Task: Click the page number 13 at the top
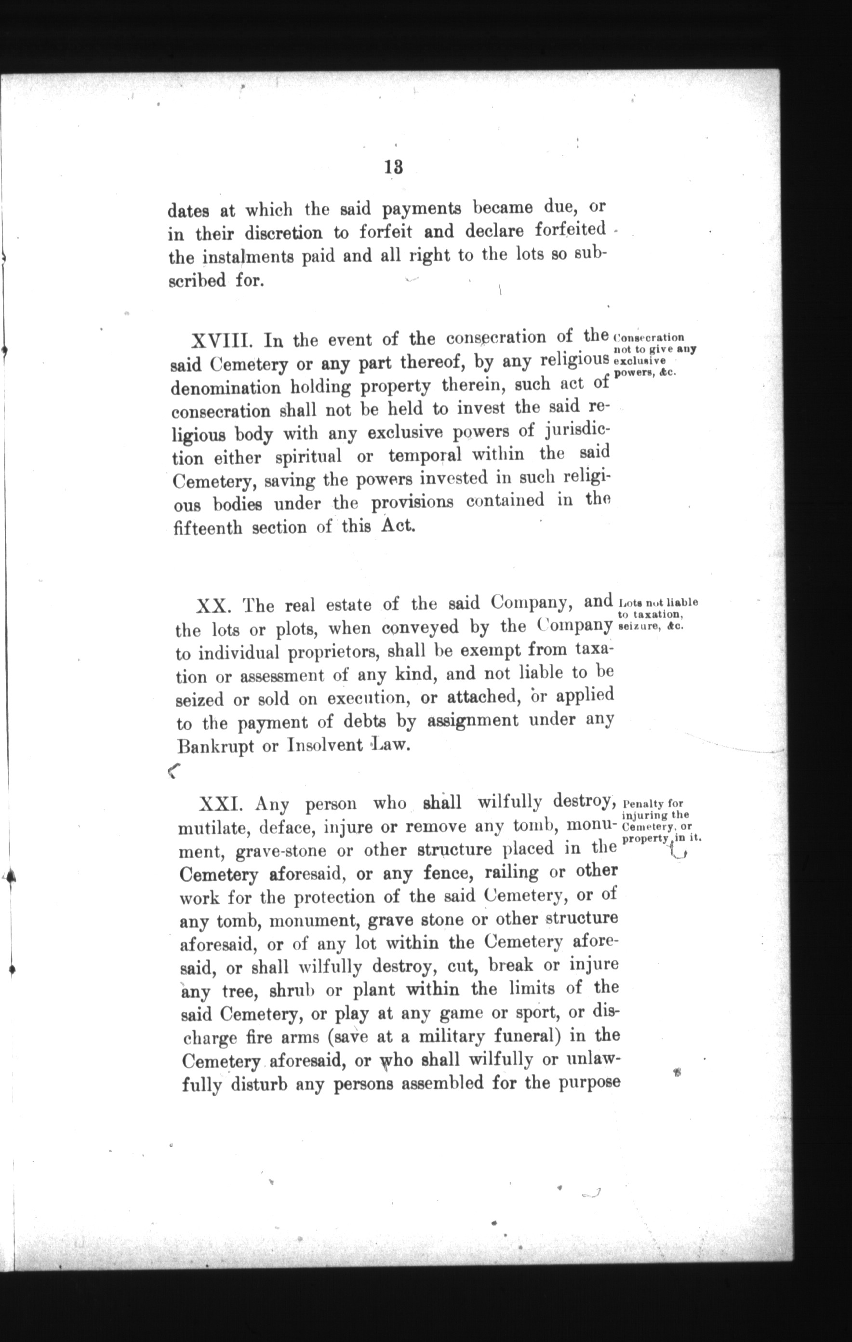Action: [x=393, y=167]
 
